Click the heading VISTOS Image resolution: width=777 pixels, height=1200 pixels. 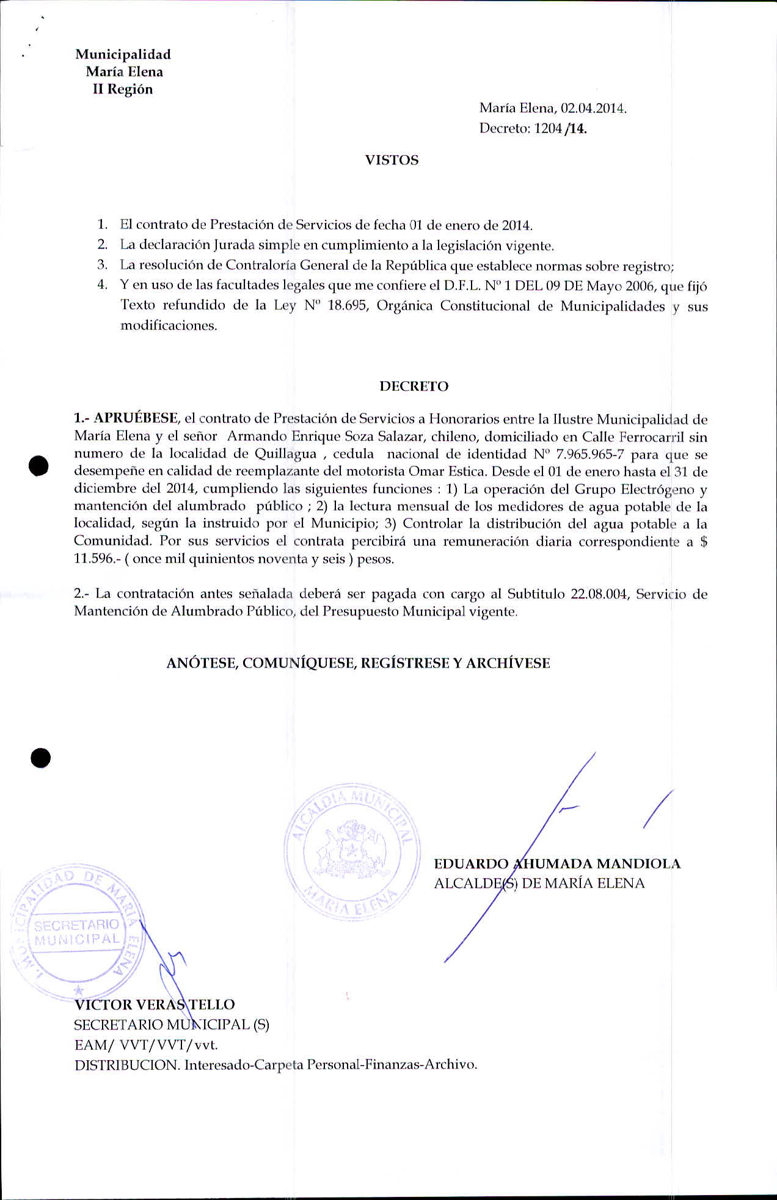click(x=392, y=161)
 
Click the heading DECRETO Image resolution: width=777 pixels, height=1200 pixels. click(x=414, y=387)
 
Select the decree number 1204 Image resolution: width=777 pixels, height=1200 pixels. click(x=547, y=129)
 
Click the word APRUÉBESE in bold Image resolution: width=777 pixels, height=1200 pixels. click(x=135, y=418)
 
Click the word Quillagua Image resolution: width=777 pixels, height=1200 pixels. click(x=285, y=454)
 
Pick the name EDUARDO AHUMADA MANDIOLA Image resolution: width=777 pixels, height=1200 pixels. click(x=556, y=864)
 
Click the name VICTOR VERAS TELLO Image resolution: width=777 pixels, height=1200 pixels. click(x=154, y=1005)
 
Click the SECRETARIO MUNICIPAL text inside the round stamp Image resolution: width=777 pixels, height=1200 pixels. click(x=77, y=932)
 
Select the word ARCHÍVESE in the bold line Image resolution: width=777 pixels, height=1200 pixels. click(x=508, y=663)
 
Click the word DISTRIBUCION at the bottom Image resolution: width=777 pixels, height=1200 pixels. click(x=127, y=1064)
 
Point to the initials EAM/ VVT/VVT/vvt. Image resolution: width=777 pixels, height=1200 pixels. click(x=145, y=1045)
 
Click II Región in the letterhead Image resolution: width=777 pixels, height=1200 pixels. click(x=122, y=90)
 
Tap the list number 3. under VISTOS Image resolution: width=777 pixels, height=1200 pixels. click(x=103, y=265)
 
